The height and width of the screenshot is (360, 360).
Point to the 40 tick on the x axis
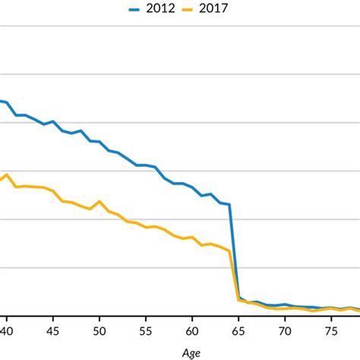click(x=7, y=331)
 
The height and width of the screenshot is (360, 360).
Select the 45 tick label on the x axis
click(x=53, y=331)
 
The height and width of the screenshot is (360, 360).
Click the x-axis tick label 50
click(x=99, y=331)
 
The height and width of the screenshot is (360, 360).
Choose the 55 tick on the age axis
click(x=146, y=331)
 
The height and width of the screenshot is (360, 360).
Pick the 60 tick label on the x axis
click(x=192, y=331)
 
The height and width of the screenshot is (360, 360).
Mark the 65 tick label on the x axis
click(x=238, y=331)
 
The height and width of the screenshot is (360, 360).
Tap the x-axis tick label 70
click(x=285, y=331)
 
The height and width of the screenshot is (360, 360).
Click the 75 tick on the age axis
click(x=331, y=331)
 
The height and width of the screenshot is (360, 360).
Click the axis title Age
click(x=192, y=352)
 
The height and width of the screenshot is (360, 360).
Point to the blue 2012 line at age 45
click(x=53, y=121)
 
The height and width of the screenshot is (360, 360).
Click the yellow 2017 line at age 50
click(x=99, y=202)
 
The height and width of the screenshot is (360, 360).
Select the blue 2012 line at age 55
click(x=146, y=165)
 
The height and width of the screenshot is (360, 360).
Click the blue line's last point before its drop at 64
click(x=229, y=204)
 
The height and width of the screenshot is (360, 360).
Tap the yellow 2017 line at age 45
click(x=53, y=191)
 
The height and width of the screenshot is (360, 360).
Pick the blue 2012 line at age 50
click(x=99, y=141)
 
